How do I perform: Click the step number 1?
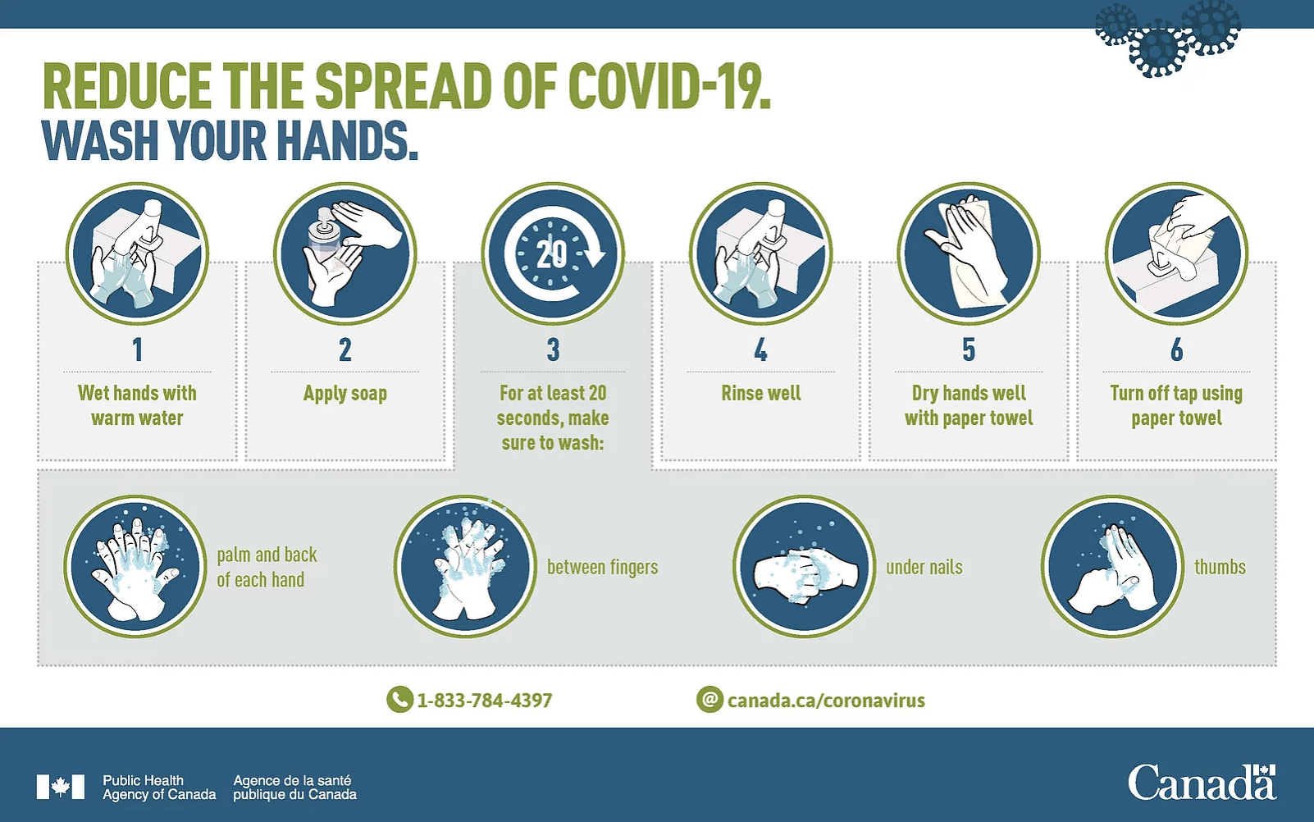point(137,349)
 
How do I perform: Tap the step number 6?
point(1177,349)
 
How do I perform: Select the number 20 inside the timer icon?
point(552,253)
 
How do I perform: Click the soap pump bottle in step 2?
point(324,240)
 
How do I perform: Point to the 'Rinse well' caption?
point(761,393)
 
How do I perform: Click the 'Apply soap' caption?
point(345,394)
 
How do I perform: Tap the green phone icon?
point(399,700)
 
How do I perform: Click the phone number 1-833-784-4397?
point(485,700)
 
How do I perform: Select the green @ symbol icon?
point(709,700)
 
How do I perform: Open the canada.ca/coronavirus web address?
point(826,700)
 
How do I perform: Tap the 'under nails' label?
point(924,567)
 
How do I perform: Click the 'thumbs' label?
point(1220,567)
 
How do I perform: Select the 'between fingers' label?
point(602,568)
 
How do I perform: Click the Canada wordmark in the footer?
point(1202,782)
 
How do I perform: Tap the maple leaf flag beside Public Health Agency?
point(61,787)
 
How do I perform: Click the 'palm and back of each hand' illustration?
point(135,566)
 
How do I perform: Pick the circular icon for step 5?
point(969,253)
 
